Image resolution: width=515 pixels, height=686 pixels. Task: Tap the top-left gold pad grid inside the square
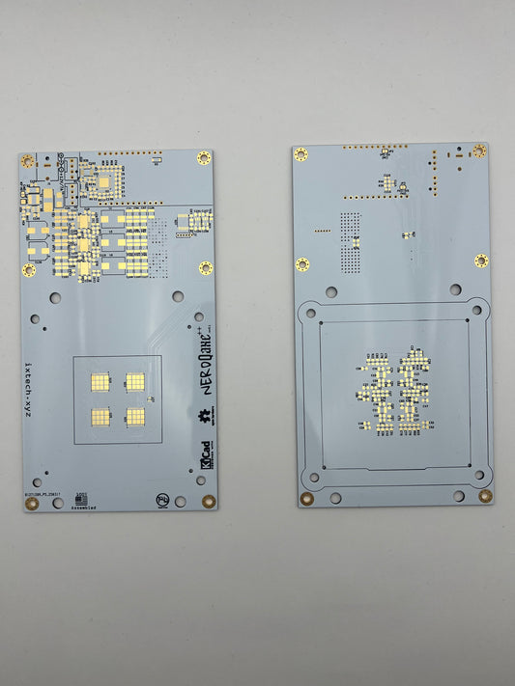click(x=100, y=382)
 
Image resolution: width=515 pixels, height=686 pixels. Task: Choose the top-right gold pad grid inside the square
click(x=135, y=382)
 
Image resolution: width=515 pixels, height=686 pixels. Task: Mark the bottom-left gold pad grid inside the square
click(x=100, y=417)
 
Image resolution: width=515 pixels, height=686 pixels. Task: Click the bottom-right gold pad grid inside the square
click(x=135, y=417)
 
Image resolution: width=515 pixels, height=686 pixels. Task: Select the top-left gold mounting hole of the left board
click(x=27, y=161)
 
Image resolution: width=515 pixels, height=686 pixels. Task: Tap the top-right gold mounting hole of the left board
click(x=203, y=158)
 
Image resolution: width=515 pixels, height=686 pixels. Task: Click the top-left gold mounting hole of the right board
click(x=300, y=154)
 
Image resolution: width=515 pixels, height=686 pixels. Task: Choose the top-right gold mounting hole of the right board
click(x=479, y=151)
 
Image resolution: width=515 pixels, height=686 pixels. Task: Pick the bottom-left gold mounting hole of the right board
click(x=306, y=499)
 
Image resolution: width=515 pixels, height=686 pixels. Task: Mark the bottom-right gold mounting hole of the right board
click(x=484, y=496)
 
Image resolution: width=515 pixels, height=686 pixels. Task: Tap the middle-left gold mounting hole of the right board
click(x=302, y=264)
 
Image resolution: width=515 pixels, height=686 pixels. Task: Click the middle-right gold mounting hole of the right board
click(x=481, y=261)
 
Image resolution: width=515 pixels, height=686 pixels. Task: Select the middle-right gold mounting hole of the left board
click(x=206, y=268)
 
